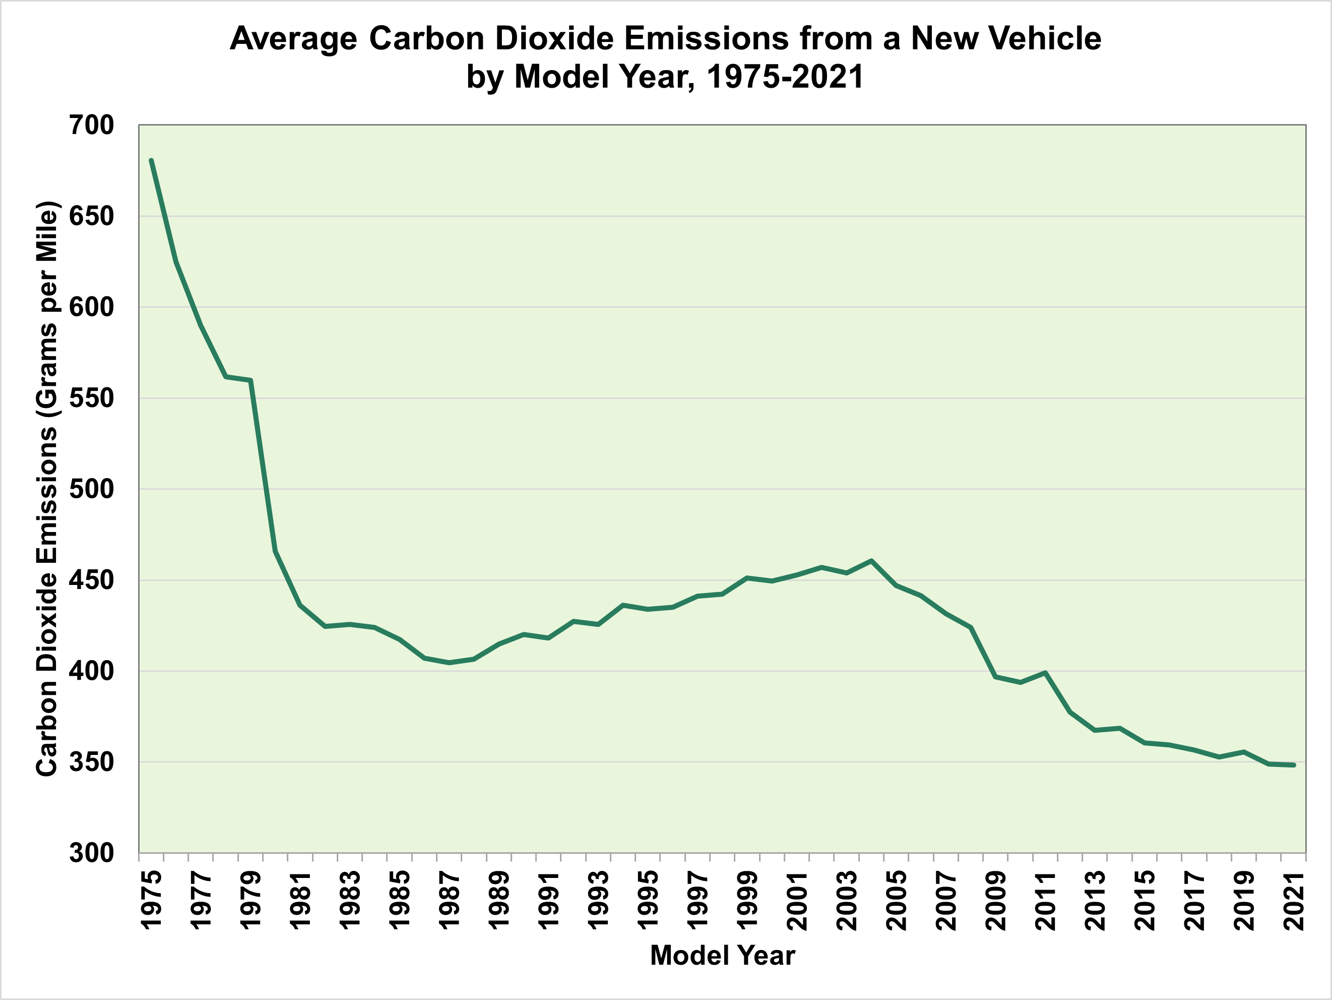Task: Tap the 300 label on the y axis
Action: point(92,853)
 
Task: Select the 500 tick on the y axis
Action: point(92,489)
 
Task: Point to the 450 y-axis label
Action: point(92,580)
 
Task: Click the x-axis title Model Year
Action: point(723,956)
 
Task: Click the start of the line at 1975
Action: point(151,160)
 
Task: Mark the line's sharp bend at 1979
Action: point(250,380)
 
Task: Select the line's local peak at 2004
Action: point(871,560)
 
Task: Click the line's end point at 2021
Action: point(1294,765)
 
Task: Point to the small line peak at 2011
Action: point(1045,672)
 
